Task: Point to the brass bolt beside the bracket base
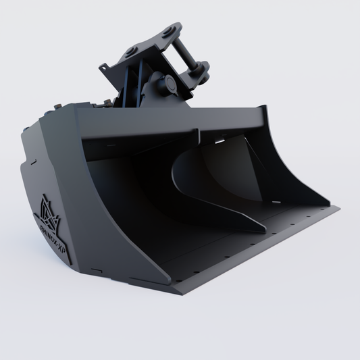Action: [x=106, y=103]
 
